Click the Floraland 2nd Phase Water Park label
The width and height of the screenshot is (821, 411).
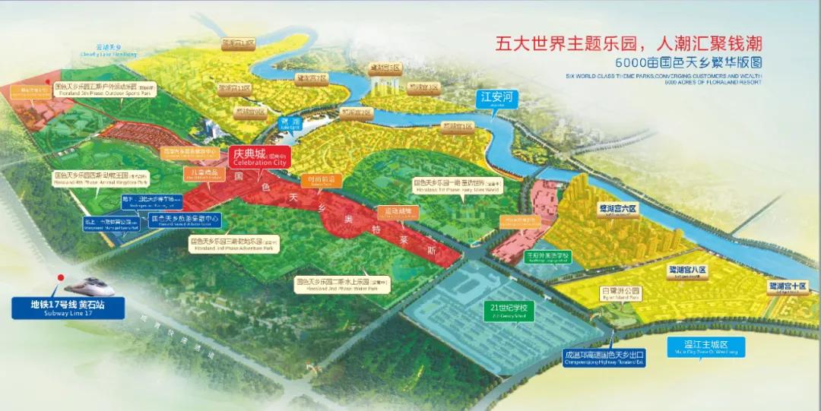pos(343,283)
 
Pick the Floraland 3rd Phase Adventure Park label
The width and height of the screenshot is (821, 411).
pos(234,243)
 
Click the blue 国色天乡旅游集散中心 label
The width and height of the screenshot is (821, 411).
pos(185,220)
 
